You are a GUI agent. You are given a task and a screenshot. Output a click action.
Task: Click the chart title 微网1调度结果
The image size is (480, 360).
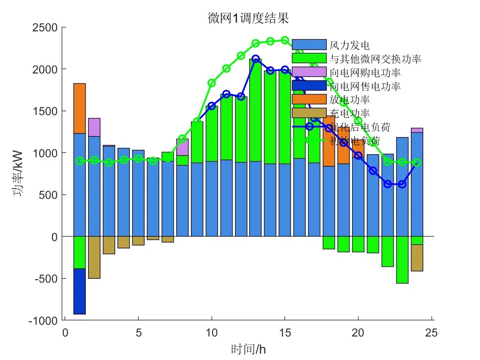pyautogui.click(x=248, y=19)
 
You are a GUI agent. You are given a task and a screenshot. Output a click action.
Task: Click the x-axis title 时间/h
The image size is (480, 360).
pyautogui.click(x=248, y=349)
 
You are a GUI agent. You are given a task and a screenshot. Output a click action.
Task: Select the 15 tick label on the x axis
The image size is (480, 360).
pyautogui.click(x=285, y=333)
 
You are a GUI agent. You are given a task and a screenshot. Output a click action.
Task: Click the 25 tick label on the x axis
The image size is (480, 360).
pyautogui.click(x=431, y=333)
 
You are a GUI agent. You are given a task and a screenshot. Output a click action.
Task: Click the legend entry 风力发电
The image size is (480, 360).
pyautogui.click(x=349, y=46)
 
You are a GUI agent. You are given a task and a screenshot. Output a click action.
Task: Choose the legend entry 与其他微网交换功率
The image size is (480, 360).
pyautogui.click(x=375, y=59)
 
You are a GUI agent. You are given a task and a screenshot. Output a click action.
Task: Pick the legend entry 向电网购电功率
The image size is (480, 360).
pyautogui.click(x=365, y=73)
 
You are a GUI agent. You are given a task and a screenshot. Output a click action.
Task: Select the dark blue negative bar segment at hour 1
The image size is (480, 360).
pyautogui.click(x=79, y=291)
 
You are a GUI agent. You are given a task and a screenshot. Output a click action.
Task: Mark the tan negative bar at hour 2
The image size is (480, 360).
pyautogui.click(x=94, y=258)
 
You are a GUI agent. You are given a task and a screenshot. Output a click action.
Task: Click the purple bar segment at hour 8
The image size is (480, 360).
pyautogui.click(x=182, y=147)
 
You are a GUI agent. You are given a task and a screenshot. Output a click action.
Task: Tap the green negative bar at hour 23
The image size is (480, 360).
pyautogui.click(x=402, y=260)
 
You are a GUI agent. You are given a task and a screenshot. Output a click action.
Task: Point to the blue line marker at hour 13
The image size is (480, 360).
pyautogui.click(x=255, y=59)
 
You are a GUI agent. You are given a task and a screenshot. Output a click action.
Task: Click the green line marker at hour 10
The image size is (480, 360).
pyautogui.click(x=212, y=83)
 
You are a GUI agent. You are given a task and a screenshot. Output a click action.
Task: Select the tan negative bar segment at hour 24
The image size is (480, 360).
pyautogui.click(x=417, y=258)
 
